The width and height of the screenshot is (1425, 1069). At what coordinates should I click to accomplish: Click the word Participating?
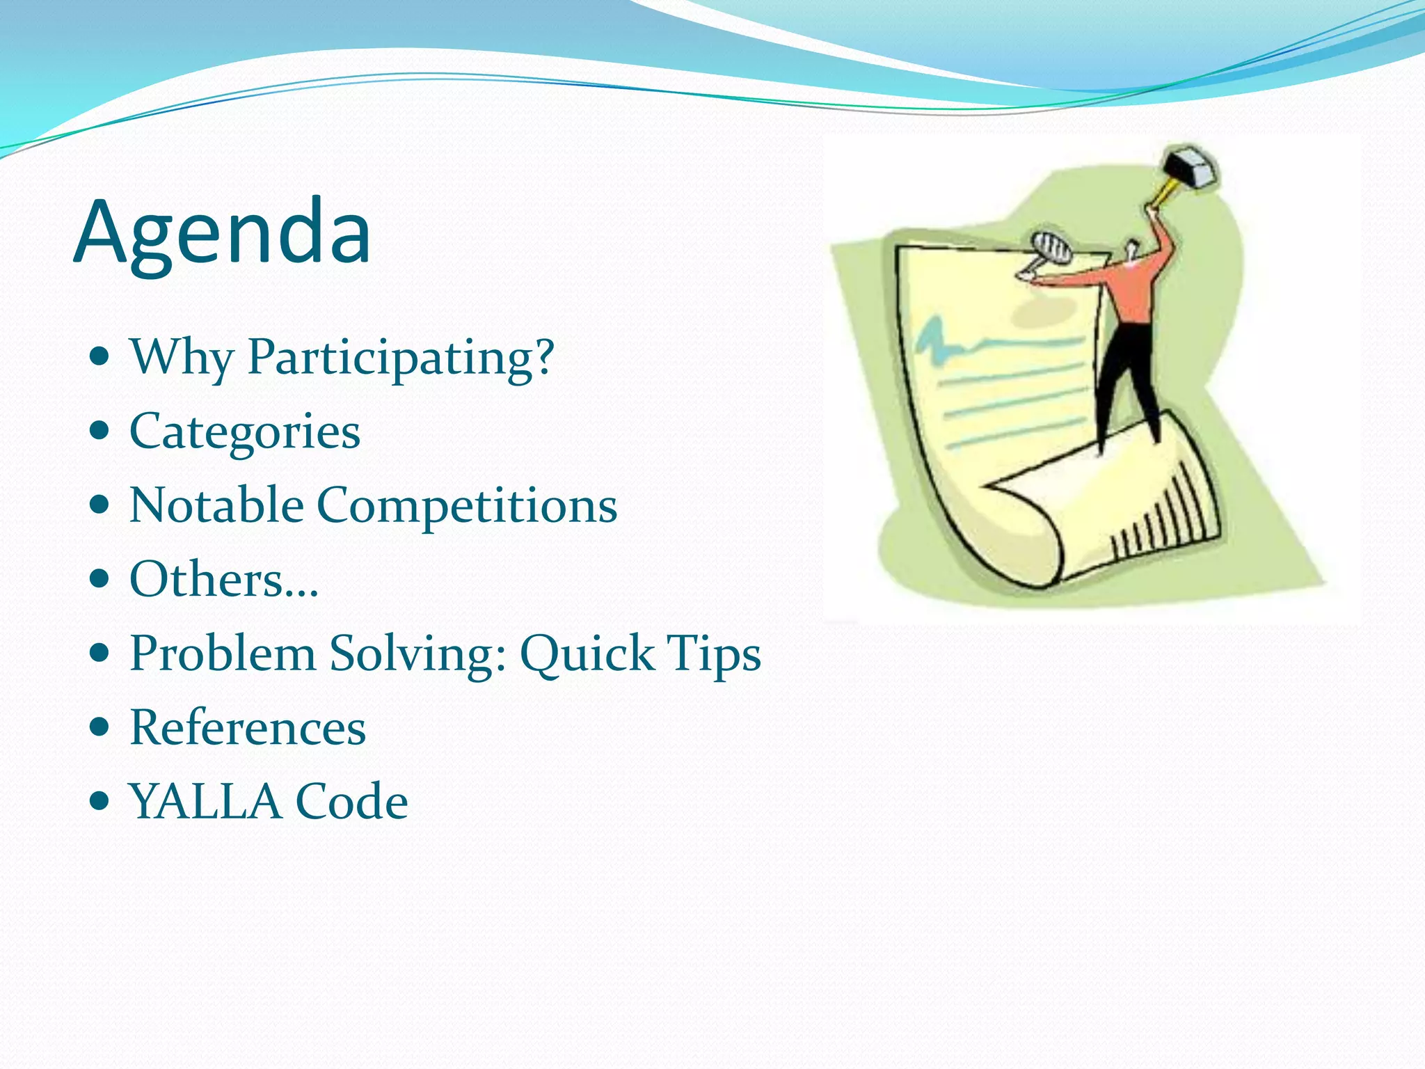(401, 358)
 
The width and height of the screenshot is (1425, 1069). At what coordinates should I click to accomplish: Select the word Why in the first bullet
(182, 358)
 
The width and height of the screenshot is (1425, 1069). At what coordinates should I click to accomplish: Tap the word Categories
(245, 432)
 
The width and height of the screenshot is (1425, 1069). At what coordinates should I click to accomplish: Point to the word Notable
(216, 505)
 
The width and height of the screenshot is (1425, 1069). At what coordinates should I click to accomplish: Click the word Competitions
(467, 506)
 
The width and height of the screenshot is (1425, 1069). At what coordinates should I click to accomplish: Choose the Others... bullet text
(224, 579)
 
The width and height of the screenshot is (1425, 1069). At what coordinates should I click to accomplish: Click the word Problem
(223, 654)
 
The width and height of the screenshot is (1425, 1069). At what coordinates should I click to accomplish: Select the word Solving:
(417, 654)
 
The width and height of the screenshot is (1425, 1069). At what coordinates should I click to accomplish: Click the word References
(248, 728)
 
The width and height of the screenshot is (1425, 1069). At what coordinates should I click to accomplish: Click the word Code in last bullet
(351, 802)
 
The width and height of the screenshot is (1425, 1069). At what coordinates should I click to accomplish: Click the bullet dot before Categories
(101, 431)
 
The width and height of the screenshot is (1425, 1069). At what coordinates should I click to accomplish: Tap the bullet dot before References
(101, 727)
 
